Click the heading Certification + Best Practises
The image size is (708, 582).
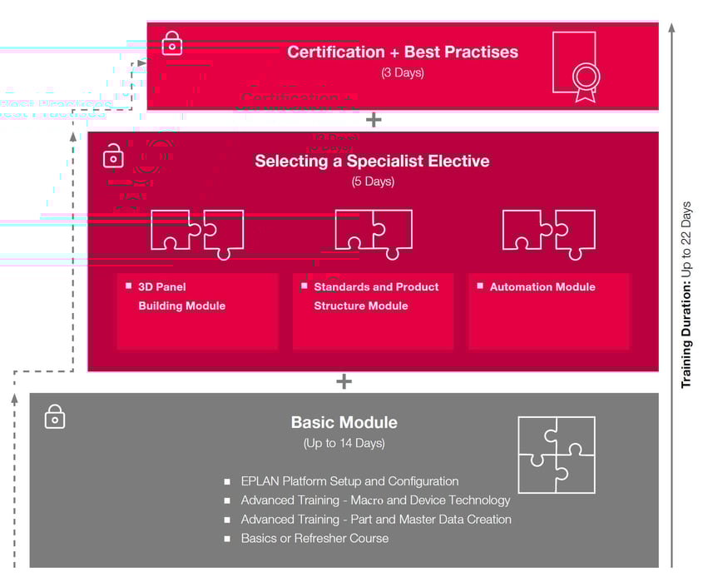point(403,52)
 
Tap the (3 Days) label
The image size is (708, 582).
point(403,73)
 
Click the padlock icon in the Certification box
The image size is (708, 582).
point(171,42)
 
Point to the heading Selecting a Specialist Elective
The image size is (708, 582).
point(372,162)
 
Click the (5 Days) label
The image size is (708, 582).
point(373,182)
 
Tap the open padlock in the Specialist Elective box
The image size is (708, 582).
point(113,156)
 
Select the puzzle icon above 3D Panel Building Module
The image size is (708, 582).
point(197,232)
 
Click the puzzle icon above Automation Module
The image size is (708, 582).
point(549,231)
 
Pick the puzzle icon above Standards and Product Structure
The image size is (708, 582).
point(374,232)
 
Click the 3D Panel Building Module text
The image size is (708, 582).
point(181,296)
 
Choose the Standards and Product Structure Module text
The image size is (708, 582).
point(375,296)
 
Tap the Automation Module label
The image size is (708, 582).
point(542,287)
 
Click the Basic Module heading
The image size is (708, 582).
point(344,422)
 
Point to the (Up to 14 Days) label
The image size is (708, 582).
point(344,443)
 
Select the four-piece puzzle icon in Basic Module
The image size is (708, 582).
point(556,455)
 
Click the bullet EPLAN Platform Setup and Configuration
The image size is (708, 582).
point(349,481)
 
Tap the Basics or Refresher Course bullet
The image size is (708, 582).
point(314,539)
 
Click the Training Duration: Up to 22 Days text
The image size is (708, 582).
point(686,295)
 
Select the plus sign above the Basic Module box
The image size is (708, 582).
point(344,382)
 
